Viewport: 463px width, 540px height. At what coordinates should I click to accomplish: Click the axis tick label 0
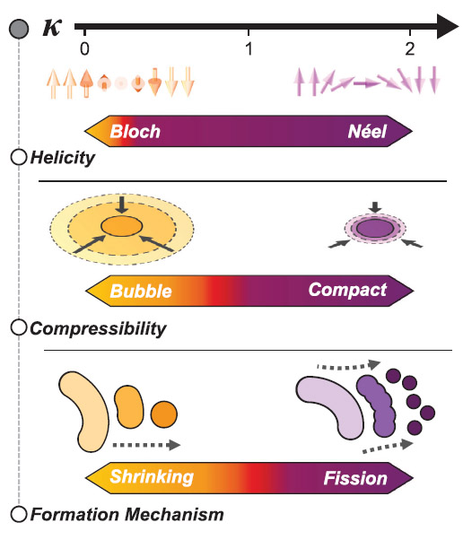click(x=84, y=48)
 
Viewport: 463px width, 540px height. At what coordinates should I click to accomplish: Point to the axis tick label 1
click(x=249, y=48)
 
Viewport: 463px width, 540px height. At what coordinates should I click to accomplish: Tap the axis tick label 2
click(x=409, y=48)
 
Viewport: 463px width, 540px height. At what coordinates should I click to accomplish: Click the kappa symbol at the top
click(x=52, y=27)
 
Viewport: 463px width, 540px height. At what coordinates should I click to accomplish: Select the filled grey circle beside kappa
click(x=19, y=29)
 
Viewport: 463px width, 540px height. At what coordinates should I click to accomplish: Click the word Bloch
click(x=135, y=131)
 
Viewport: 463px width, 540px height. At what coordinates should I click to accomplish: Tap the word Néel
click(x=367, y=131)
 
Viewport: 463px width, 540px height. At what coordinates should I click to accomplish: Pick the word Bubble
click(x=141, y=291)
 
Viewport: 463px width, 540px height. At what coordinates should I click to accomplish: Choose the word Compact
click(x=347, y=291)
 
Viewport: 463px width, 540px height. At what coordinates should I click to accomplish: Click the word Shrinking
click(x=152, y=478)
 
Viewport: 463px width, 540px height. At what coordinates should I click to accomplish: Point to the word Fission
click(x=355, y=478)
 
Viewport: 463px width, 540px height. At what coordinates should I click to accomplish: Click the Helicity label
click(x=62, y=158)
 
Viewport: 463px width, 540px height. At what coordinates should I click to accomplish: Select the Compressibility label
click(x=98, y=329)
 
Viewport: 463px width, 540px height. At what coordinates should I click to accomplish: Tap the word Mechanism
click(x=174, y=515)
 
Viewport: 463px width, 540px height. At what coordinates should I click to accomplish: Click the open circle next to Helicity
click(x=19, y=157)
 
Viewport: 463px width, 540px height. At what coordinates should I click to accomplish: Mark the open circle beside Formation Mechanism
click(x=19, y=515)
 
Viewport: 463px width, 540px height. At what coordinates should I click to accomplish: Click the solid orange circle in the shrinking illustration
click(x=164, y=414)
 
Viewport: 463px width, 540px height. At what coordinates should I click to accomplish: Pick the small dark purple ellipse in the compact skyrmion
click(x=375, y=228)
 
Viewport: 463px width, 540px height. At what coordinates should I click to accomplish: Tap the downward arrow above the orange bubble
click(x=122, y=205)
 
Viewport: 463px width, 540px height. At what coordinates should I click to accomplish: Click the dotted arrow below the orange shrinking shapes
click(x=146, y=445)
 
